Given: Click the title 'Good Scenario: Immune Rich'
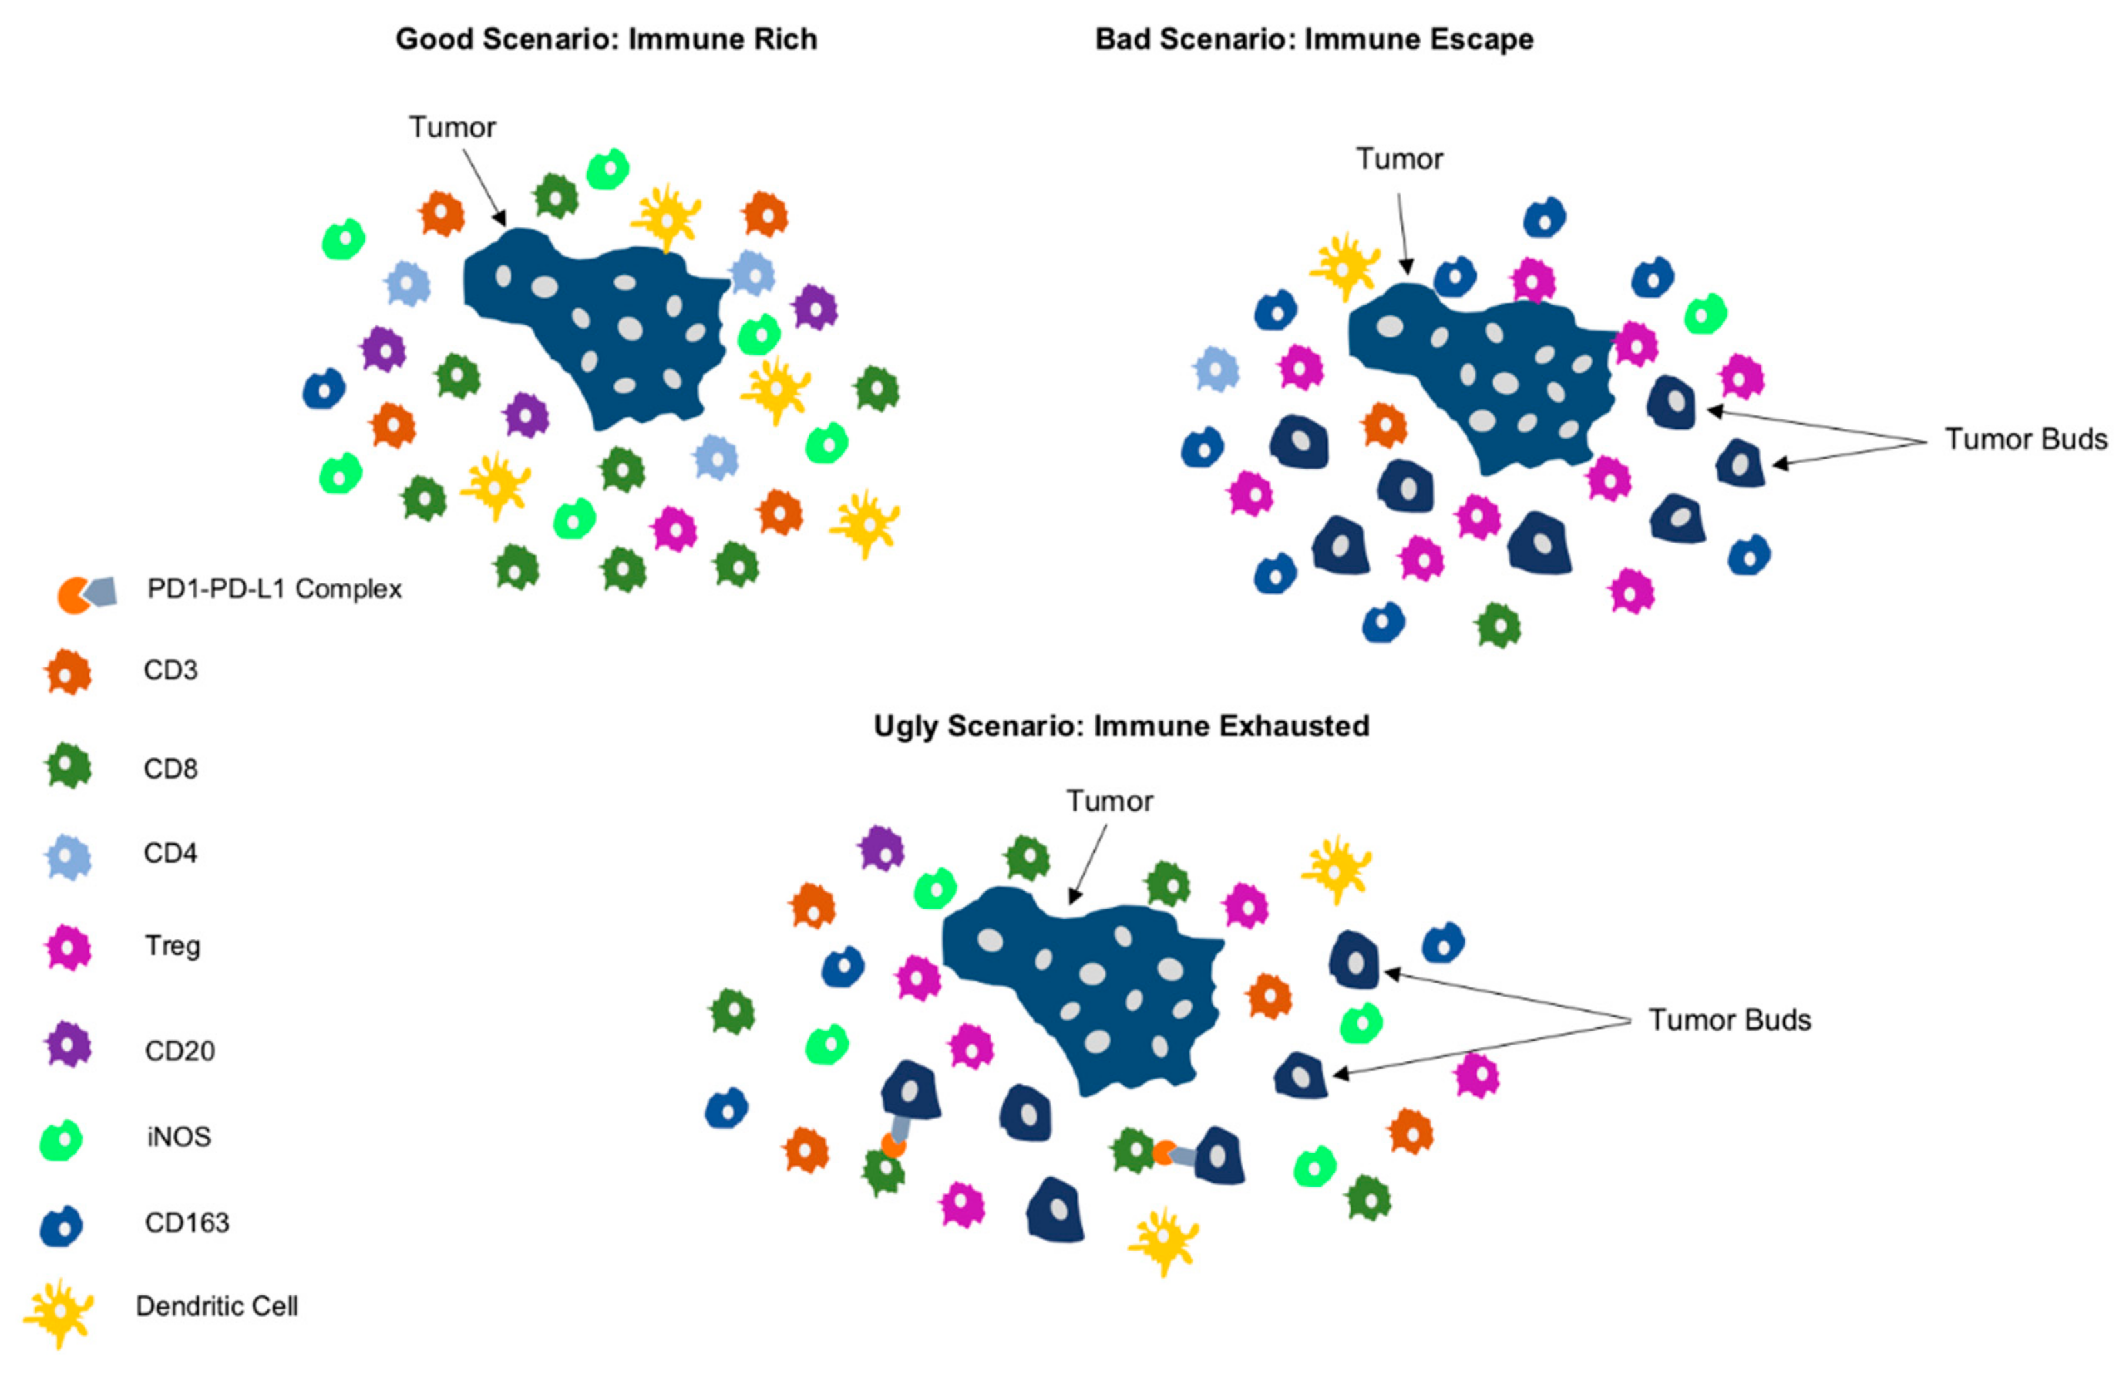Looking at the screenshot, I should pyautogui.click(x=606, y=39).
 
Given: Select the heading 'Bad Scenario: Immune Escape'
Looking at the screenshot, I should pyautogui.click(x=1313, y=39).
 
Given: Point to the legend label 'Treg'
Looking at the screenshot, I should pyautogui.click(x=173, y=945).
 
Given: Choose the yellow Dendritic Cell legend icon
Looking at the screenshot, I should pyautogui.click(x=59, y=1311).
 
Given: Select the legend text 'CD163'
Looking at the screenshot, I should pyautogui.click(x=187, y=1222).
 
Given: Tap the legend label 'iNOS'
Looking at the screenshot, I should pyautogui.click(x=179, y=1137).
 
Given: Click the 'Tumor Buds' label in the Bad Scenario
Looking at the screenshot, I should pyautogui.click(x=2025, y=439).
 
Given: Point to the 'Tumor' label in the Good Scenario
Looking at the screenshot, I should pyautogui.click(x=452, y=128).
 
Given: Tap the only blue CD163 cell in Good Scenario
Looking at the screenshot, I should pyautogui.click(x=323, y=389).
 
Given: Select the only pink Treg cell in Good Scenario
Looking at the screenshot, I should pyautogui.click(x=675, y=529).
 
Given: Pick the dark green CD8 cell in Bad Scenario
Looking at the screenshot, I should pyautogui.click(x=1498, y=625).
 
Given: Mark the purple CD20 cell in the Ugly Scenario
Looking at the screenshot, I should pyautogui.click(x=882, y=848).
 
